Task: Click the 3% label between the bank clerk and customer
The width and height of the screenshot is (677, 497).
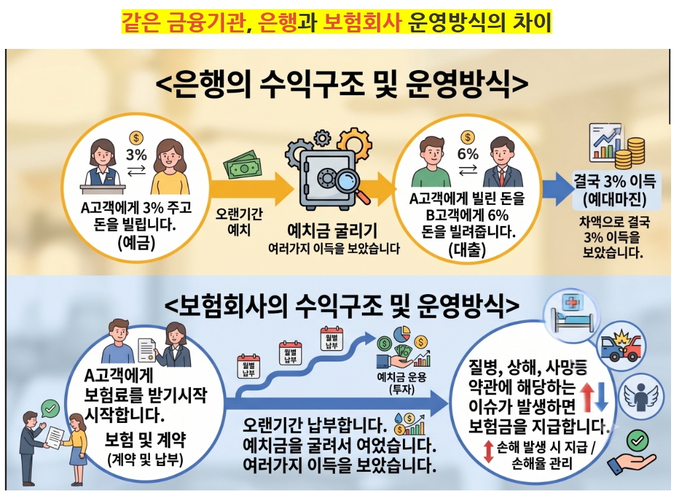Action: coord(137,155)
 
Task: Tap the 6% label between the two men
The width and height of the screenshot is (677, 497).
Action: coord(468,154)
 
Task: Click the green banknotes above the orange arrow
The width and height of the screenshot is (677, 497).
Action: coord(242,165)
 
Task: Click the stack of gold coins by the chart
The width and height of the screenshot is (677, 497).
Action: coord(630,153)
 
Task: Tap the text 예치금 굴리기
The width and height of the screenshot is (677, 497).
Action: coord(332,231)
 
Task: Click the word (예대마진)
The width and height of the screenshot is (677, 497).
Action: coord(614,200)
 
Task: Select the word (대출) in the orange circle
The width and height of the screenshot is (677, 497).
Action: coord(467,249)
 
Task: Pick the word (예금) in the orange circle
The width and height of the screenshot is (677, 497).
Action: coord(136,242)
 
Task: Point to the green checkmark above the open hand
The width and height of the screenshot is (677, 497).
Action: coord(637,441)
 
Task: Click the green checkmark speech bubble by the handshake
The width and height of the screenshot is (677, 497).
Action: coord(50,408)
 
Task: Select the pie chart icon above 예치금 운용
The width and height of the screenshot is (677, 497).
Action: coord(402,334)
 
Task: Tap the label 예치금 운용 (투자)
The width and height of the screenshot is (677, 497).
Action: coord(402,383)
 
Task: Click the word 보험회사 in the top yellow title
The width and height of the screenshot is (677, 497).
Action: coord(362,22)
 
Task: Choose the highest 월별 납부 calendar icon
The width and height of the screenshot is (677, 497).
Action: coord(332,338)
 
